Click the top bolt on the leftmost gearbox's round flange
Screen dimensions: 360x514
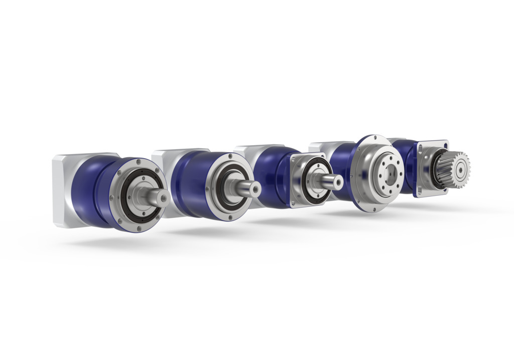pyautogui.click(x=137, y=163)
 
